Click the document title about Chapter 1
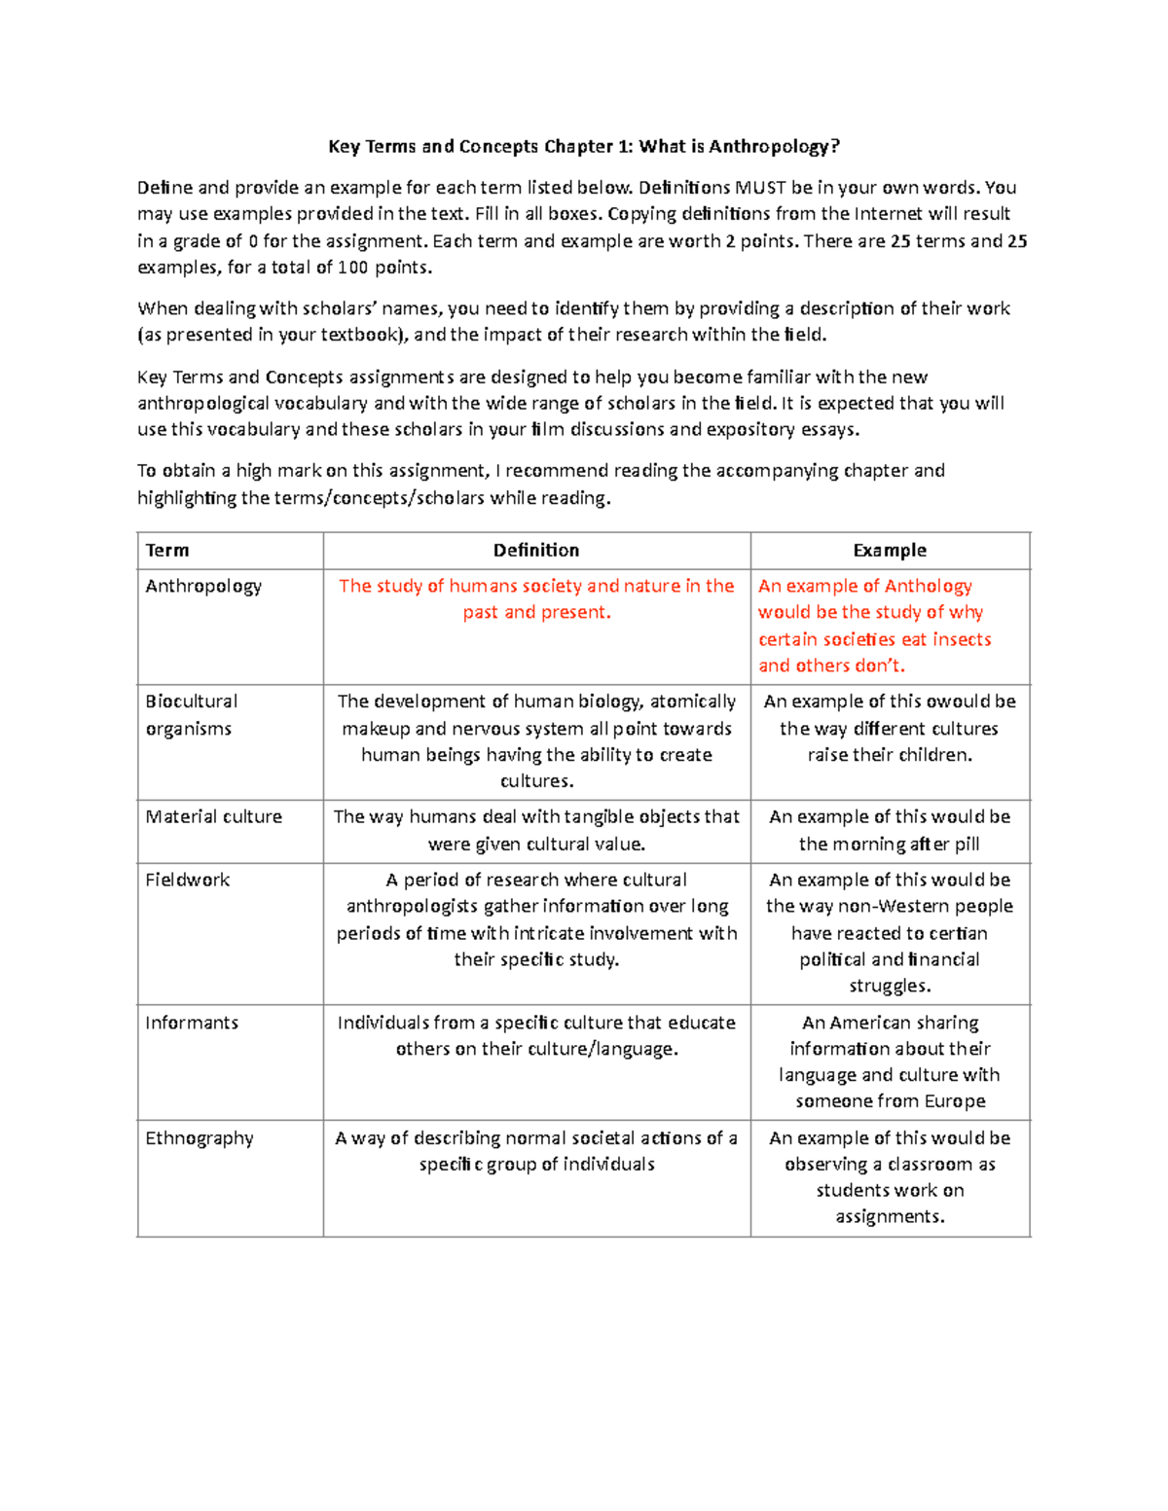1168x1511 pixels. pyautogui.click(x=583, y=147)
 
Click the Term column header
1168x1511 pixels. pyautogui.click(x=167, y=551)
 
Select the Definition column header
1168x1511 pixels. pyautogui.click(x=536, y=551)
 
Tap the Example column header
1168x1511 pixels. pyautogui.click(x=890, y=551)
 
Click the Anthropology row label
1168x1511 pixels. pyautogui.click(x=203, y=587)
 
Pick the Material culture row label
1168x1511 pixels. pyautogui.click(x=213, y=817)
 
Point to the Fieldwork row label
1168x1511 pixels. pyautogui.click(x=187, y=881)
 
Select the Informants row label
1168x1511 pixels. pyautogui.click(x=192, y=1024)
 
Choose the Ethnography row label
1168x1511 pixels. pyautogui.click(x=200, y=1138)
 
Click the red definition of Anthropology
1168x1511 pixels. pyautogui.click(x=536, y=599)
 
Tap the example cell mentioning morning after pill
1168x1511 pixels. pyautogui.click(x=890, y=831)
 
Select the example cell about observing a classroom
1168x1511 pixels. pyautogui.click(x=890, y=1177)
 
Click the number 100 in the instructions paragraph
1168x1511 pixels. pyautogui.click(x=352, y=268)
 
